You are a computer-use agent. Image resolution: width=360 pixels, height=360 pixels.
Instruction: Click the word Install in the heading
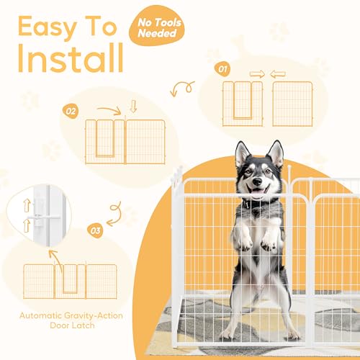coord(71,58)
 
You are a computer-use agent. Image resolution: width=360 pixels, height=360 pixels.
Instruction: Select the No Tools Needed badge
coord(157,26)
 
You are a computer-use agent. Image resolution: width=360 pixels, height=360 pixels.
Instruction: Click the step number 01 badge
coord(222,69)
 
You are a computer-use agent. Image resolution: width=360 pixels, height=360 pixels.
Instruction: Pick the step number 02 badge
coord(71,112)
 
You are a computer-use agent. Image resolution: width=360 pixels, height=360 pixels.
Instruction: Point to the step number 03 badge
coord(95,230)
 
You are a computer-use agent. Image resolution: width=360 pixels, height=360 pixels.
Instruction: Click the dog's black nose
coord(258,181)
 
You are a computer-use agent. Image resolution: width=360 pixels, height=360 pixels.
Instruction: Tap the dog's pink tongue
coord(258,193)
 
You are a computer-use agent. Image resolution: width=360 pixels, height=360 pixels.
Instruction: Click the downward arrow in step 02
coord(134,107)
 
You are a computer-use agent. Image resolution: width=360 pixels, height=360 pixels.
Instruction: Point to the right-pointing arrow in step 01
coord(257,74)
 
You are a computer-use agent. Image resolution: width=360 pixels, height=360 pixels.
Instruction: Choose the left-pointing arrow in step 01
coord(278,74)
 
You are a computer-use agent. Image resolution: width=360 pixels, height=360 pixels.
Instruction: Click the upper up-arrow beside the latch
coord(27,205)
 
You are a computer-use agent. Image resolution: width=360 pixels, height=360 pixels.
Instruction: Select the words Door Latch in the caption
coord(72,325)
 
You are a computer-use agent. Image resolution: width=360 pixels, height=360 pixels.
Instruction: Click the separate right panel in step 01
coord(292,104)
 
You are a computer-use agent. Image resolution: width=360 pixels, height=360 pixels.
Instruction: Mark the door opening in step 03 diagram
coord(70,279)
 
